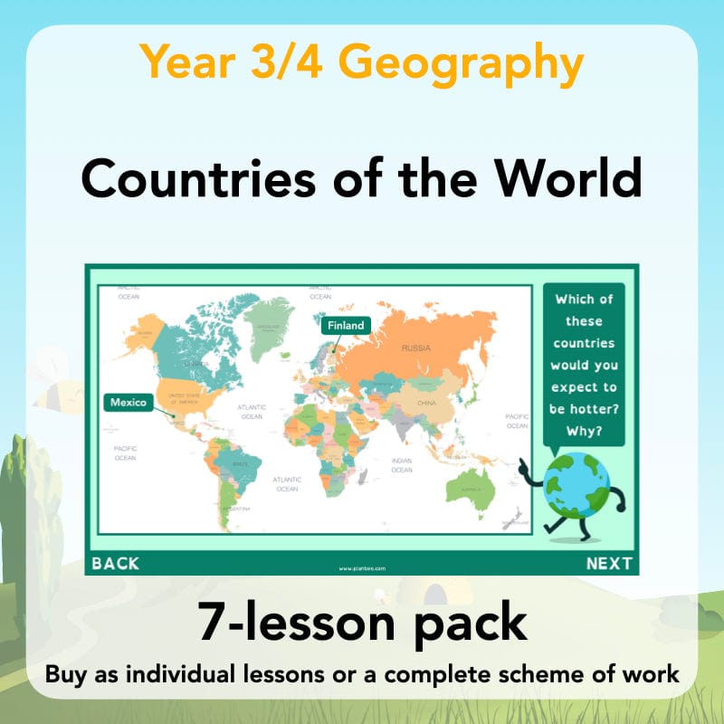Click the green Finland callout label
point(346,325)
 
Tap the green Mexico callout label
point(129,402)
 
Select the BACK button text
point(116,564)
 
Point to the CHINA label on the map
point(426,401)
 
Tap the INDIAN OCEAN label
point(402,465)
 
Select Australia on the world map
point(470,486)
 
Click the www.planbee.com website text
point(362,568)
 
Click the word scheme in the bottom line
point(534,674)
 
